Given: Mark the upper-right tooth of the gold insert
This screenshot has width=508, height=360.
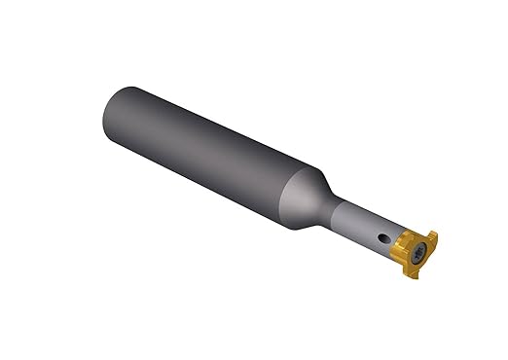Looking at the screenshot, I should tap(432, 239).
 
